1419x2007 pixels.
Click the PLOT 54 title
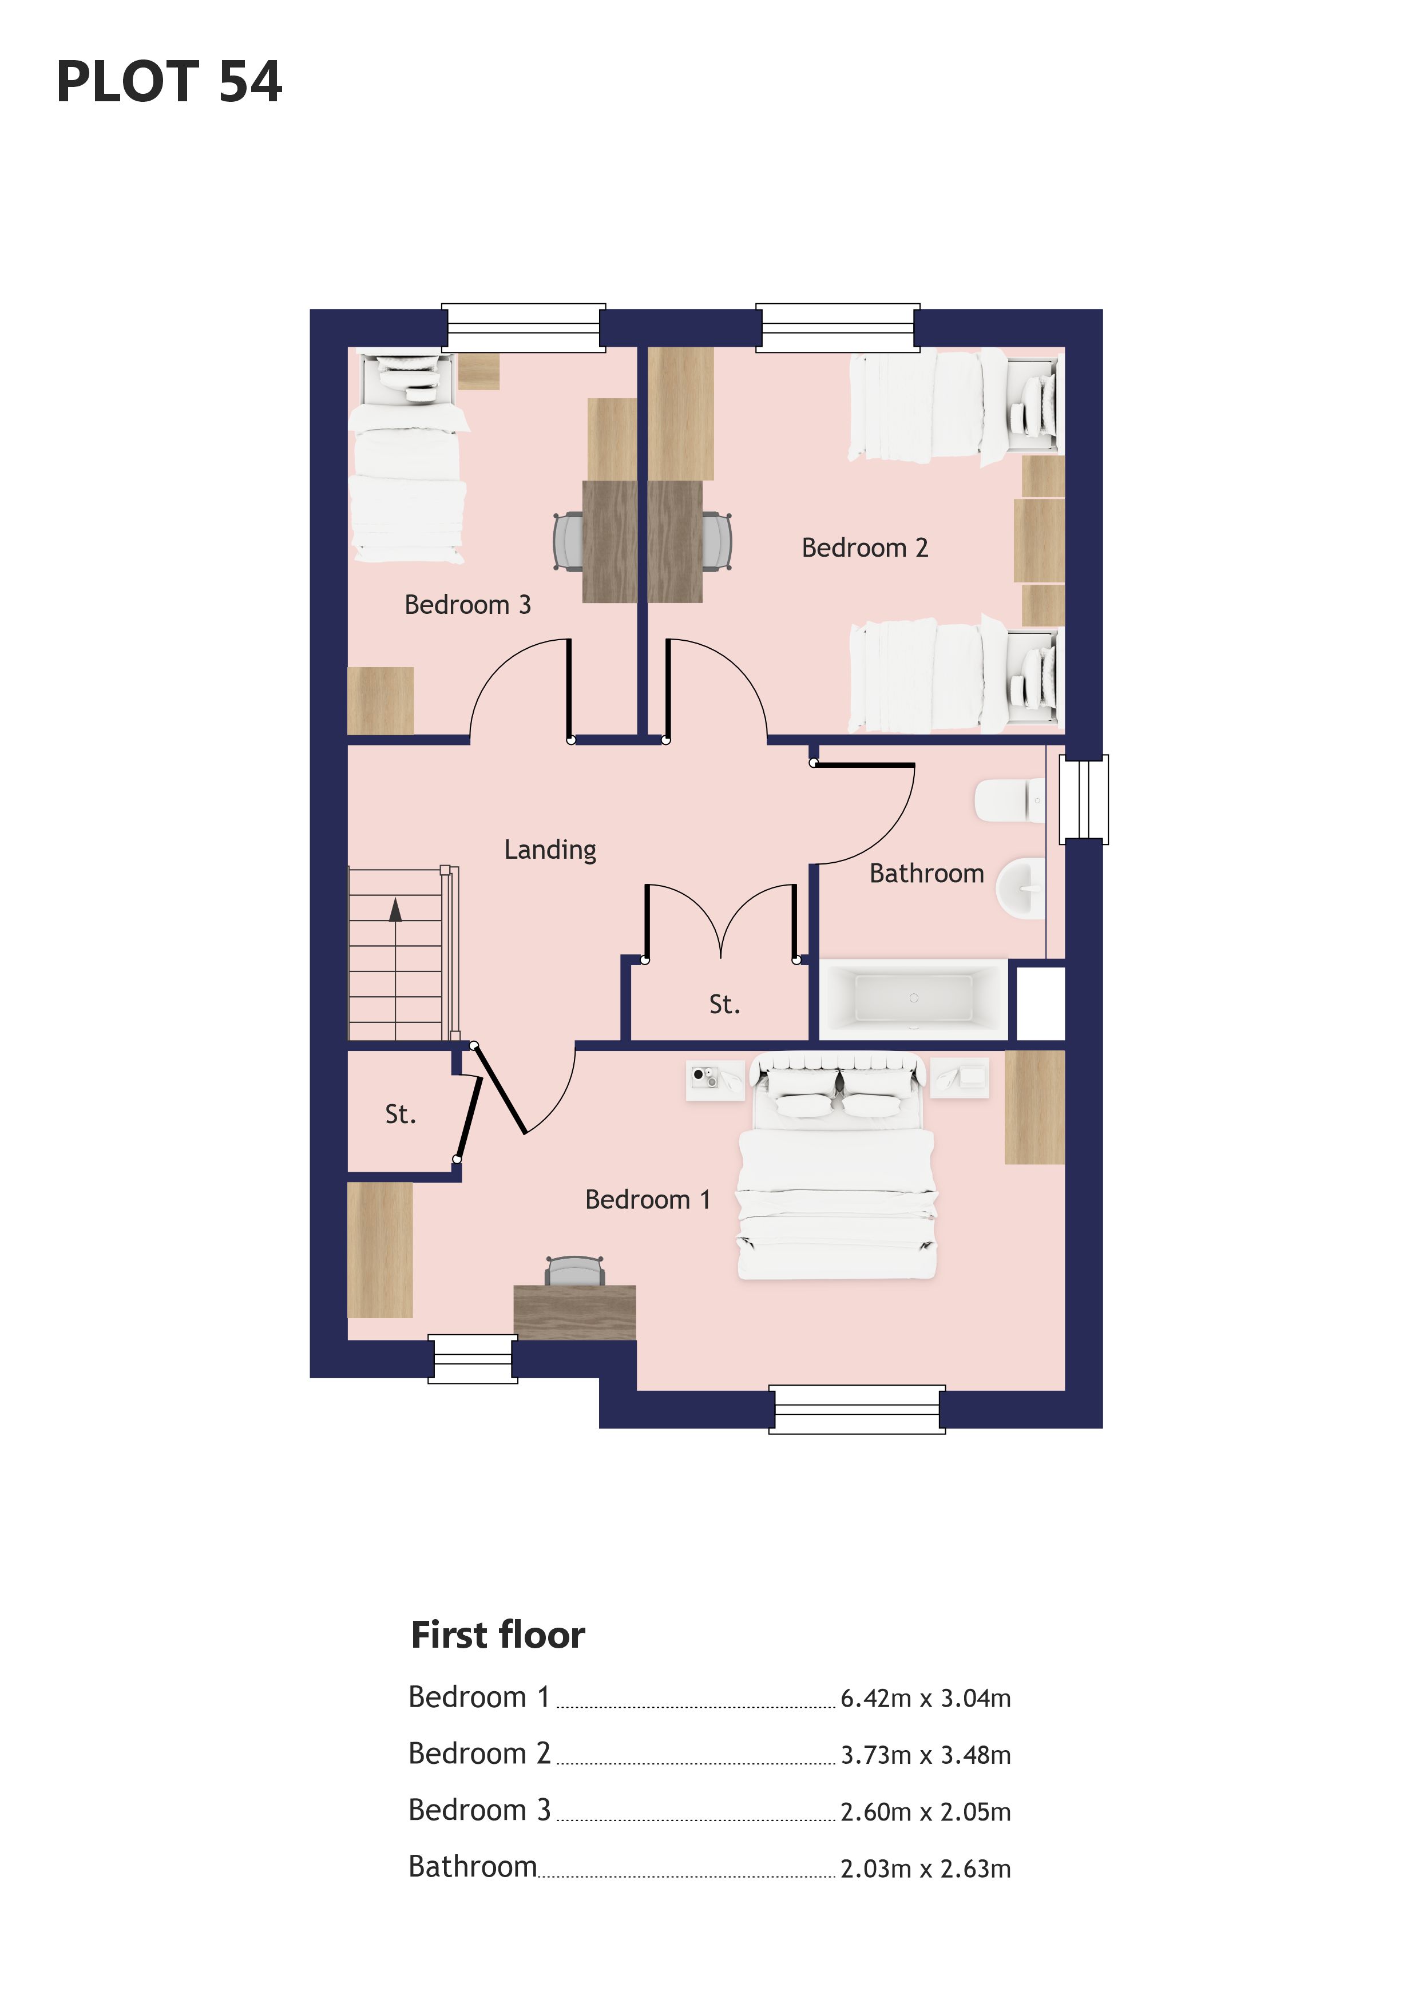(x=169, y=82)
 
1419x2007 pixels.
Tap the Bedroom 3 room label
(x=467, y=604)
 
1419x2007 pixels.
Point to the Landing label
(x=550, y=850)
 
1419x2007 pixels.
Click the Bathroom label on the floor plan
(x=927, y=873)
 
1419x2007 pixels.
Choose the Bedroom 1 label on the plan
(x=648, y=1199)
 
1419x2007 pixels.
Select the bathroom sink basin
(x=1020, y=888)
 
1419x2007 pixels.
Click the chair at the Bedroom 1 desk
(x=574, y=1270)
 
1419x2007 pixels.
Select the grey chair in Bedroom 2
(x=717, y=542)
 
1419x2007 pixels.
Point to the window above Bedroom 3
(x=524, y=328)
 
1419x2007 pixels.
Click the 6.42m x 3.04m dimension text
(x=926, y=1699)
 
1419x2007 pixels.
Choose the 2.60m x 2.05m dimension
(x=926, y=1812)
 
